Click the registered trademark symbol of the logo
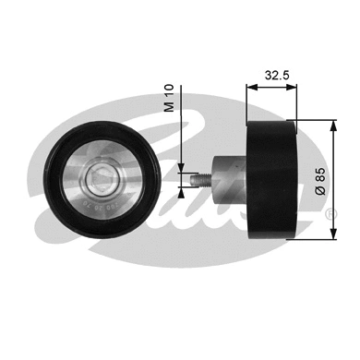click(x=330, y=214)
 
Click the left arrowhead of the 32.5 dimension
click(x=249, y=88)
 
